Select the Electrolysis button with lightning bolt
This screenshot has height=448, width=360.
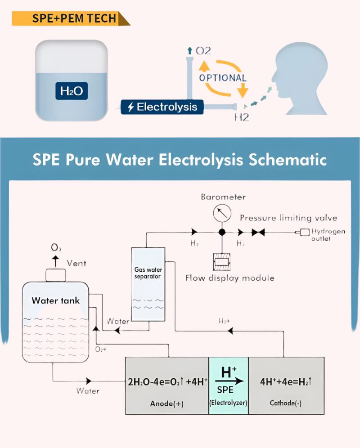coord(162,108)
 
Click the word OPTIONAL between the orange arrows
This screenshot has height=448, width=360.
coord(223,77)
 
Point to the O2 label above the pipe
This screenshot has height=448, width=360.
coord(202,50)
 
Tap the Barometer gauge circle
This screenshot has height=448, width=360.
coord(221,213)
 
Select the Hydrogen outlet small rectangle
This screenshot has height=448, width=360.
coord(304,232)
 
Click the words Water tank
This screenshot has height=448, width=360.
coord(55,300)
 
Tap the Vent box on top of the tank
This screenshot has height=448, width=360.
coord(55,274)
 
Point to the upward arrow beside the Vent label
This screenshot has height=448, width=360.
coord(55,260)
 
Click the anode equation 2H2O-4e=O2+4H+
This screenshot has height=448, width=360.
coord(168,383)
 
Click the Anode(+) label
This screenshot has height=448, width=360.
coord(166,403)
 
